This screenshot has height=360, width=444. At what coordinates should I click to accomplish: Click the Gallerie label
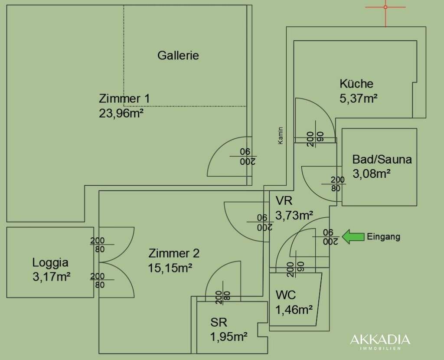click(x=178, y=55)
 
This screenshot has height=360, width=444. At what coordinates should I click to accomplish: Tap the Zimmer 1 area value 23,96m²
click(x=121, y=113)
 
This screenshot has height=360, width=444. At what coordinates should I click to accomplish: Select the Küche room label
click(x=356, y=84)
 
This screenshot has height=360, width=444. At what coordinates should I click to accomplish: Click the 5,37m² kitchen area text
click(x=359, y=98)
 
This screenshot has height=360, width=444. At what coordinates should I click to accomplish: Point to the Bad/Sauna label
click(x=382, y=160)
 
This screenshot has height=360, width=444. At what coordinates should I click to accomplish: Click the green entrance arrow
click(x=353, y=236)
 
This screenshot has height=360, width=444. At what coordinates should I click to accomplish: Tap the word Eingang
click(x=384, y=236)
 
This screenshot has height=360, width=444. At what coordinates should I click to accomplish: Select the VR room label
click(x=284, y=201)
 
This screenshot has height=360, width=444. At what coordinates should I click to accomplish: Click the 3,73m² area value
click(x=294, y=216)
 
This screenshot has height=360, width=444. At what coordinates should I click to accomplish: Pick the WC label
click(x=286, y=295)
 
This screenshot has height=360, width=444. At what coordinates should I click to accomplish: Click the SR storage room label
click(x=219, y=322)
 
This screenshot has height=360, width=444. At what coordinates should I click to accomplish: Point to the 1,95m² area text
click(x=229, y=337)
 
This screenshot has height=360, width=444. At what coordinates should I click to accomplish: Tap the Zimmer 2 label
click(x=174, y=253)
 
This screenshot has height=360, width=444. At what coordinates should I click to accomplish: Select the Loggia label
click(x=50, y=262)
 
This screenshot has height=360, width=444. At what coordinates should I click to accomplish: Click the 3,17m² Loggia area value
click(x=52, y=277)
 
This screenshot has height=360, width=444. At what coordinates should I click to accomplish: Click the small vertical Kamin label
click(x=281, y=136)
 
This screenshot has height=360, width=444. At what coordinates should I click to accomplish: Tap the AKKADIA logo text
click(x=380, y=340)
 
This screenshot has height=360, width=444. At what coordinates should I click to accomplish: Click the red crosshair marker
click(x=385, y=7)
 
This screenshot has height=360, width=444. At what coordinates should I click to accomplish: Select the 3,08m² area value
click(x=372, y=173)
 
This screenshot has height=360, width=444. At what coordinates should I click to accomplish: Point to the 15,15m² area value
click(x=170, y=268)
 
